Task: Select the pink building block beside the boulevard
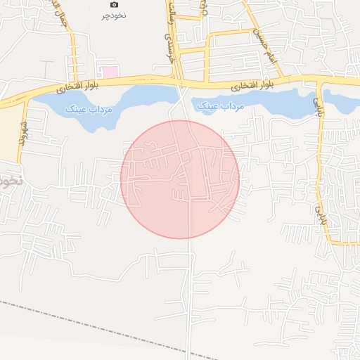(x=109, y=71)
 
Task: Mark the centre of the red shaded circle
(x=180, y=179)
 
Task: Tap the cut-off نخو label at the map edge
(x=8, y=181)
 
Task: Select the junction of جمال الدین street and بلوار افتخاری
(x=74, y=81)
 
